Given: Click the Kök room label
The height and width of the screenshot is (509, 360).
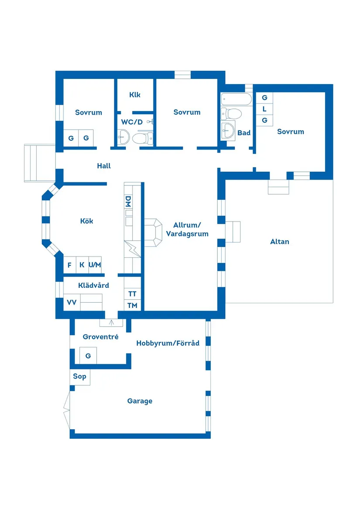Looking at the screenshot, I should click(x=87, y=221).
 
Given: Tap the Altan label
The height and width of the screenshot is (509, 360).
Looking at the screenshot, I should click(x=280, y=242).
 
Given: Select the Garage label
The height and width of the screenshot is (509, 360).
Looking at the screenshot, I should click(x=140, y=401).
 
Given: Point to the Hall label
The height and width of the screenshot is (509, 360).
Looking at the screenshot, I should click(x=104, y=166).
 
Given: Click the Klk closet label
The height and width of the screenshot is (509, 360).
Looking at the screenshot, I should click(x=135, y=95).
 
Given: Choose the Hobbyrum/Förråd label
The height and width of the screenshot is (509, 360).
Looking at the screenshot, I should click(x=168, y=343).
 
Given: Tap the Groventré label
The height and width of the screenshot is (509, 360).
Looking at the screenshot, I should click(x=100, y=337).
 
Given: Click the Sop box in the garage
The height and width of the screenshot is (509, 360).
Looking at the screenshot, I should click(x=79, y=376).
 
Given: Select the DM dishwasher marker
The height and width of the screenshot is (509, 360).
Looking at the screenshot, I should click(x=128, y=201).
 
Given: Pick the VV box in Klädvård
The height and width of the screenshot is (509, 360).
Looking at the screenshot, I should click(x=72, y=302).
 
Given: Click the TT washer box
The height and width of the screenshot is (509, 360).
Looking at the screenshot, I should click(x=132, y=294).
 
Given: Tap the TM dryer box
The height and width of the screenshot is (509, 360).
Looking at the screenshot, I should click(x=132, y=305).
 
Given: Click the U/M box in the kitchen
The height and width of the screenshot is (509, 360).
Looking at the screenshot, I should click(x=95, y=265).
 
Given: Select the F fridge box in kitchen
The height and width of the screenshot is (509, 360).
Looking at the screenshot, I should click(x=69, y=265).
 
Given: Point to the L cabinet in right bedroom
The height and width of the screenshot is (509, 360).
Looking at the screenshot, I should click(x=264, y=109).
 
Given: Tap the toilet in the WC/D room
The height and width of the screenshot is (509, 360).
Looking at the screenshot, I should click(x=141, y=139).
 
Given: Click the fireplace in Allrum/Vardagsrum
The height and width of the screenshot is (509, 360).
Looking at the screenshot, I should click(x=152, y=232).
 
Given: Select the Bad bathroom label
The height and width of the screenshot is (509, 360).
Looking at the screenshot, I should click(x=244, y=133).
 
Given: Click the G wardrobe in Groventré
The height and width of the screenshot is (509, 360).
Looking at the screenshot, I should click(x=88, y=356).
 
